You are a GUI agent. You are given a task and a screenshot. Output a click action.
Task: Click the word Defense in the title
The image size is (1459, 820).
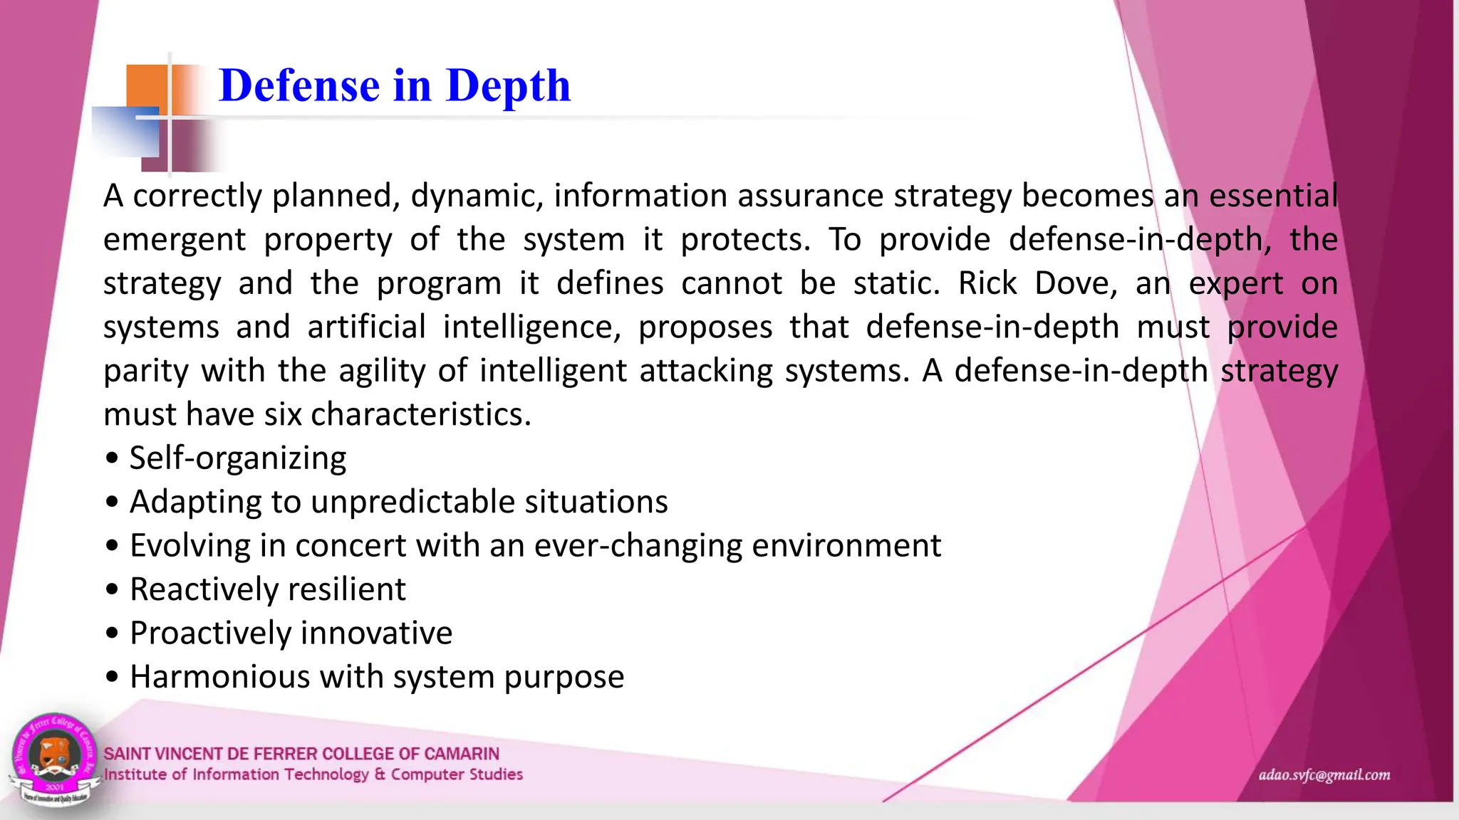(x=300, y=86)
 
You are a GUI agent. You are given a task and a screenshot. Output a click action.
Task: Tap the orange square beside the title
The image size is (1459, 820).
(x=147, y=88)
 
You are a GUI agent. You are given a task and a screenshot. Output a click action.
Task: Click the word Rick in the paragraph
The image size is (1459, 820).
(x=987, y=283)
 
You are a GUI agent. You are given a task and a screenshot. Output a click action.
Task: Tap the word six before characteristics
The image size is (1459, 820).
(x=283, y=414)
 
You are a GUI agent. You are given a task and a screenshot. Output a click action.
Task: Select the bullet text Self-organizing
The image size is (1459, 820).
(x=237, y=458)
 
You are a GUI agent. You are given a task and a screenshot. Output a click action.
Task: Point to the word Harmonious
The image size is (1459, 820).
(x=218, y=676)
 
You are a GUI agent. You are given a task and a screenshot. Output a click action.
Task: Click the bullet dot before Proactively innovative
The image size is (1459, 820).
(x=112, y=634)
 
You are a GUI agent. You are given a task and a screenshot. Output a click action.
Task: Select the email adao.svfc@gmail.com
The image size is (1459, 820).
(x=1324, y=775)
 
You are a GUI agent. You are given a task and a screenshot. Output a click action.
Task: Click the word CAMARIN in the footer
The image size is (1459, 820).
(x=461, y=754)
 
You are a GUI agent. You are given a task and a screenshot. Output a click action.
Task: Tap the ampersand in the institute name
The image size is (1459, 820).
(x=379, y=774)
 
